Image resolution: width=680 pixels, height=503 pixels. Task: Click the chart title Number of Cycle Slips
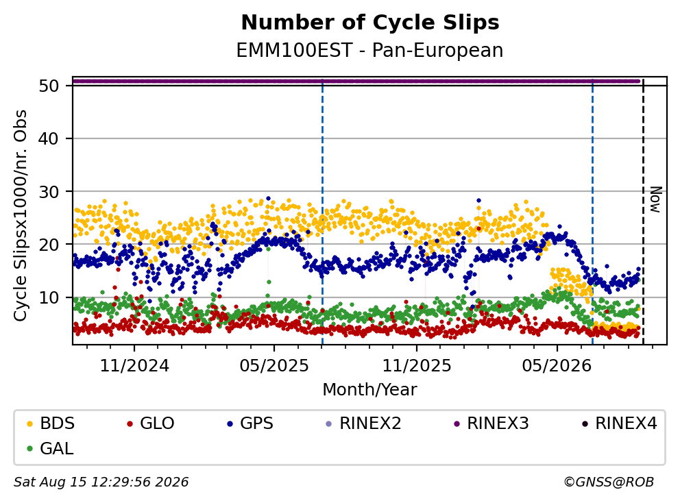coord(370,23)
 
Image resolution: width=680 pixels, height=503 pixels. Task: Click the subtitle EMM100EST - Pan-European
coord(369,50)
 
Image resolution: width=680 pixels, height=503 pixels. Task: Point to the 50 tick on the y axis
coord(49,86)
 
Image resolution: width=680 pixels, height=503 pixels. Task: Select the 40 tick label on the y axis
coord(49,138)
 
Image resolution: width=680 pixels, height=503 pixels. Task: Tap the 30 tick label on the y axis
coord(49,192)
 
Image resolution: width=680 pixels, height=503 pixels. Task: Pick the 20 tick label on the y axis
coord(49,245)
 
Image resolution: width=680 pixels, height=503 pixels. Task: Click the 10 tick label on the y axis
coord(49,297)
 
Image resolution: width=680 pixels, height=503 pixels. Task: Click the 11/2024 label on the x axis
coord(134,366)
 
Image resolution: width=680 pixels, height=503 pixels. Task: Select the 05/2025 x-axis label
coord(274,366)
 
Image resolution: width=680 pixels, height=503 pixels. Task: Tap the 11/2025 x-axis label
coord(417,366)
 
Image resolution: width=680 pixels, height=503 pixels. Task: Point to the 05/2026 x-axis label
coord(557,366)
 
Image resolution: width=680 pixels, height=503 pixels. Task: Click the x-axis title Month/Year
coord(369,389)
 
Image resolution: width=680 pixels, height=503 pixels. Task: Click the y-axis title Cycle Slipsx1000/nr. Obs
coord(21,215)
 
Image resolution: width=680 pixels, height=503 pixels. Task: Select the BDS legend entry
coord(51,424)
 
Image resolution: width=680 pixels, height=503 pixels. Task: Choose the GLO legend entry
coord(151,424)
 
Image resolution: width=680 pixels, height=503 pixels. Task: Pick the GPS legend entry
coord(250,424)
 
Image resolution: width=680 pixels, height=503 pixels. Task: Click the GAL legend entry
coord(50,448)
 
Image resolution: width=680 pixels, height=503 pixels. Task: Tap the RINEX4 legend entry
coord(619,424)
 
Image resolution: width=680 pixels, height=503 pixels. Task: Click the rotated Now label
coord(655,200)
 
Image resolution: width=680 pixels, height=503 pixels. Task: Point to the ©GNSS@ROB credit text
coord(609,482)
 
